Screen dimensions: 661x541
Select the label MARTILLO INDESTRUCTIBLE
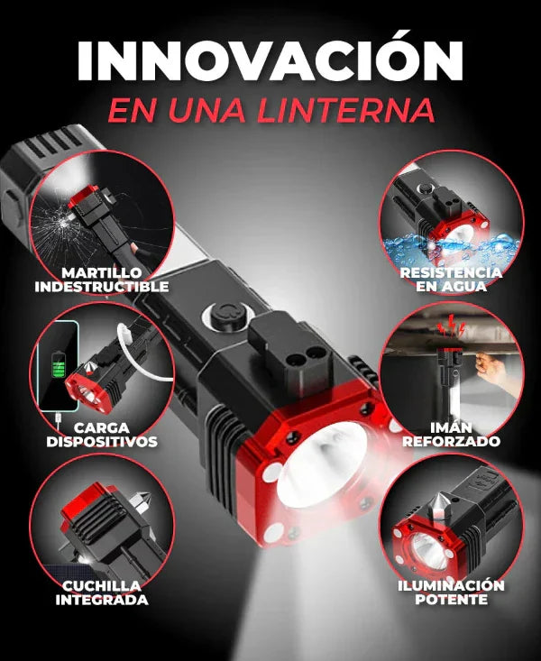(x=102, y=280)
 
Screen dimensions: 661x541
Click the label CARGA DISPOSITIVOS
(x=102, y=435)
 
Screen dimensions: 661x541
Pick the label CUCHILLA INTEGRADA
(x=102, y=592)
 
